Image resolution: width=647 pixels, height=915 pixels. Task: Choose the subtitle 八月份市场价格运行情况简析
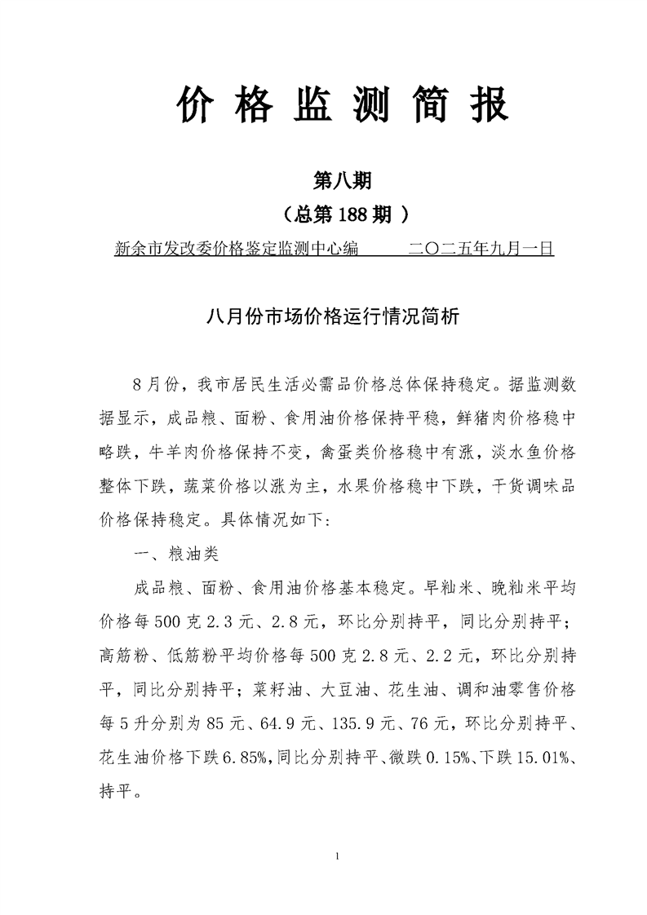(x=324, y=317)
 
